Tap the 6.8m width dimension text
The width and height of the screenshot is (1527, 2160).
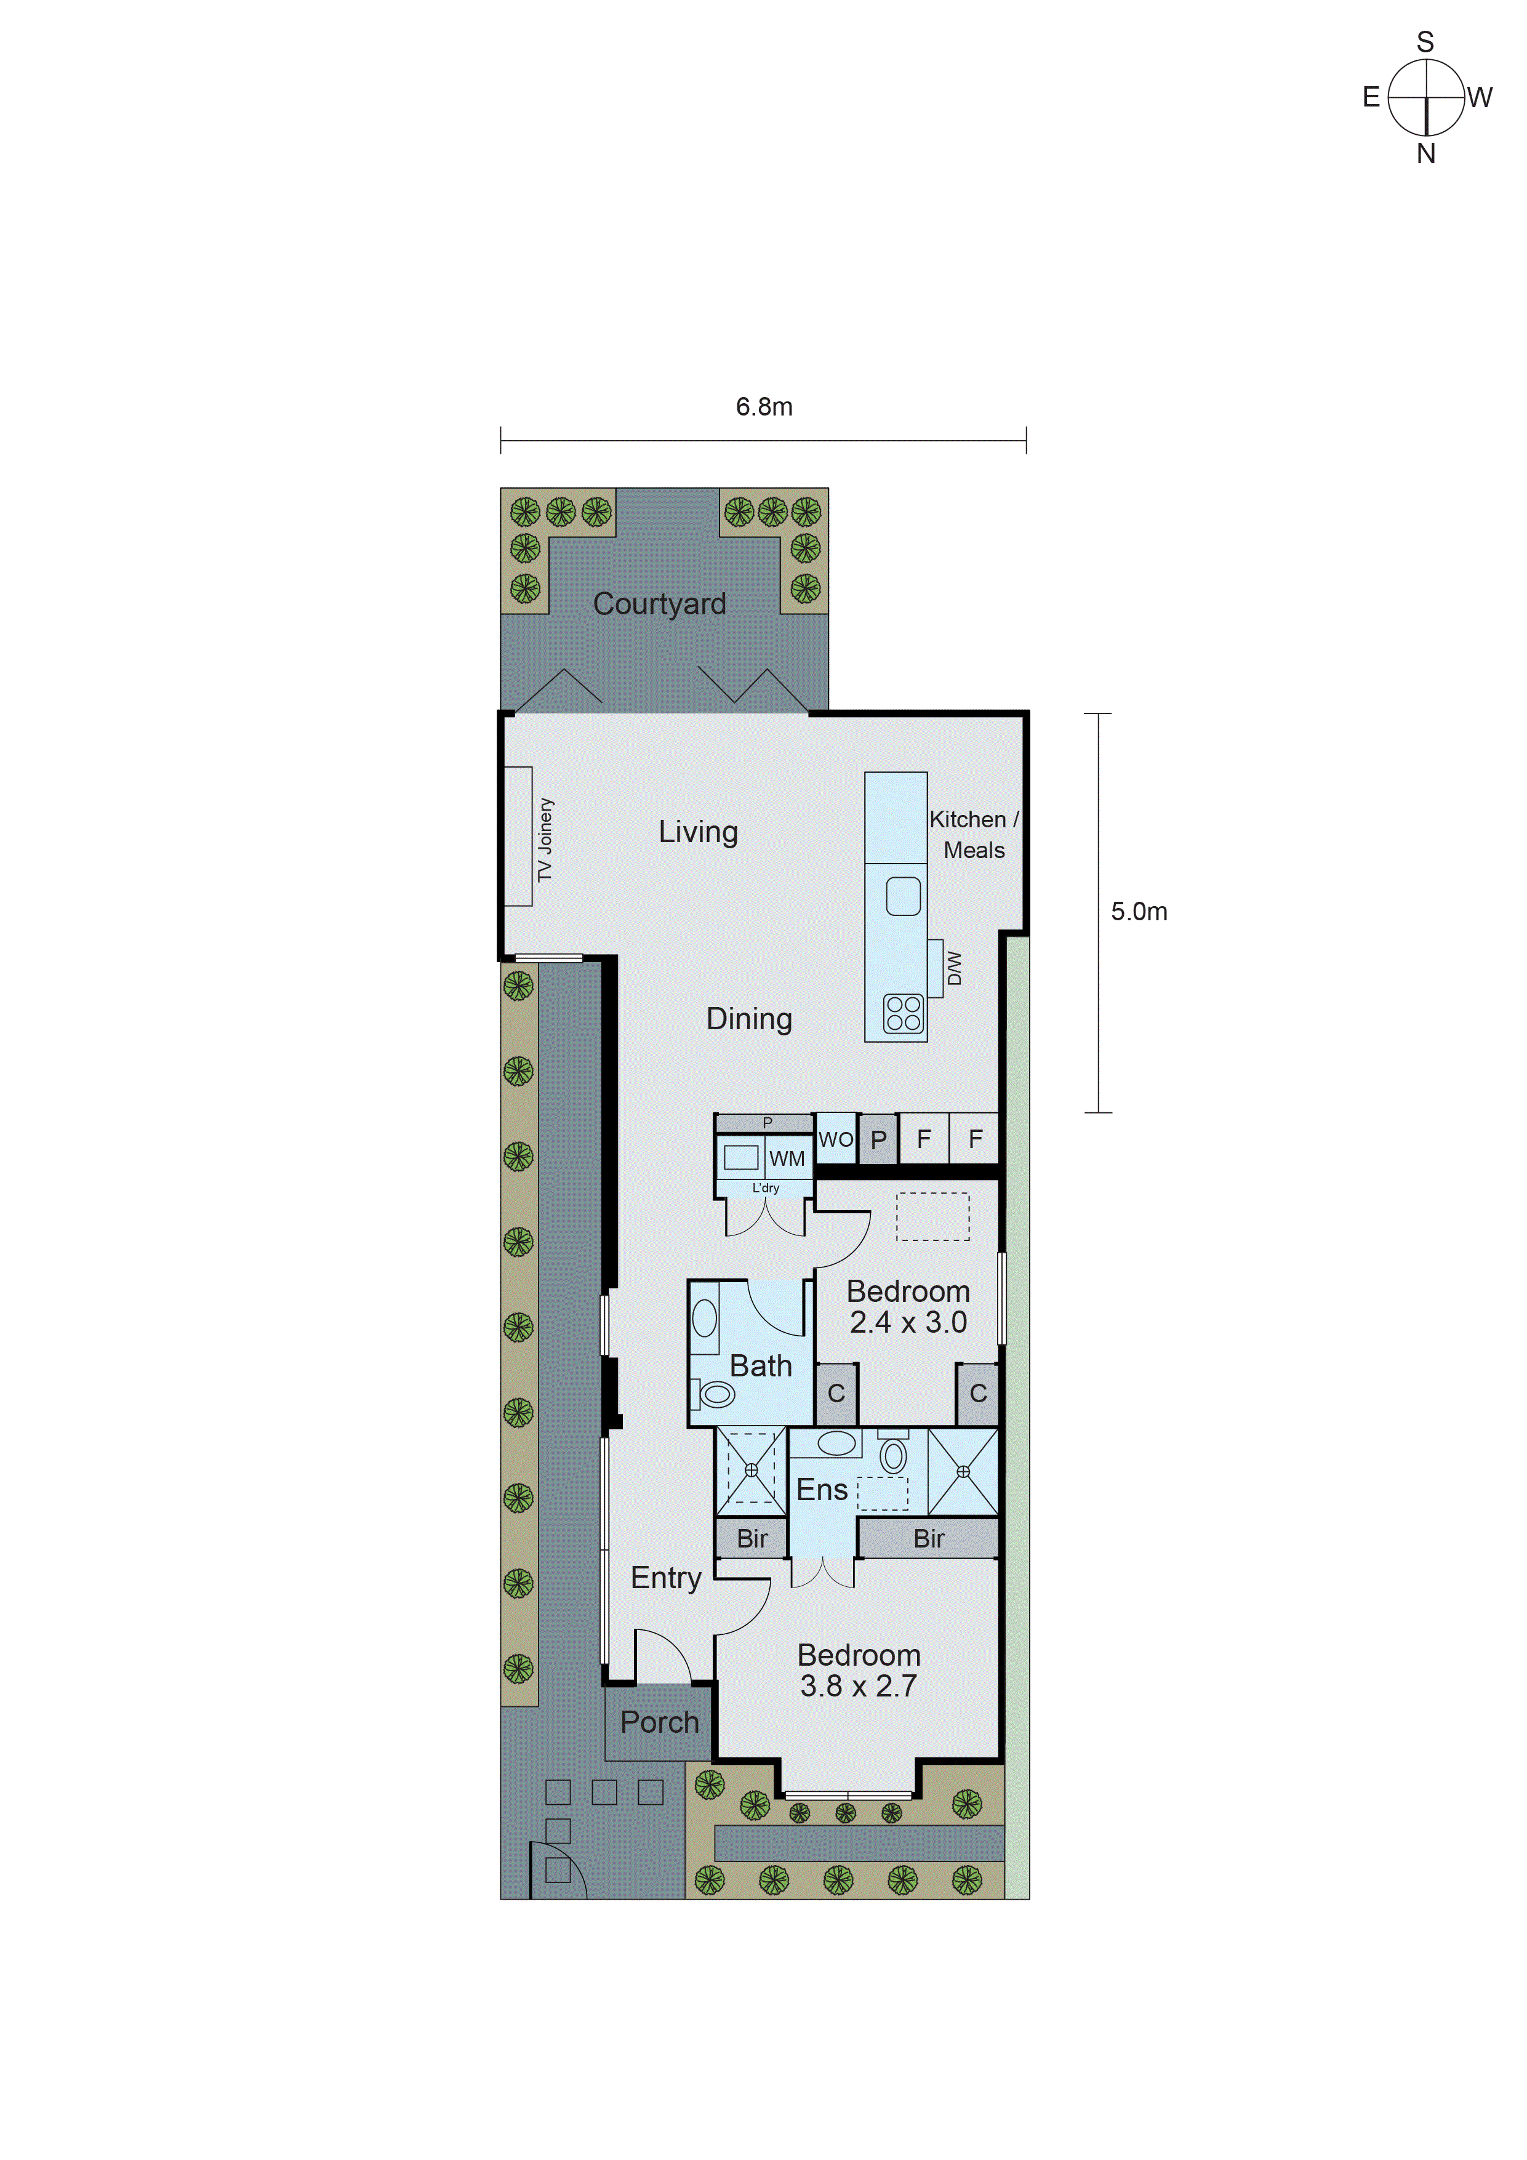[x=763, y=406]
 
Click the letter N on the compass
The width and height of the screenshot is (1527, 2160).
[x=1425, y=153]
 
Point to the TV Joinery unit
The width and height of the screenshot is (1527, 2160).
[x=518, y=837]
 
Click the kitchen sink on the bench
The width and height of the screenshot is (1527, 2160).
[x=902, y=896]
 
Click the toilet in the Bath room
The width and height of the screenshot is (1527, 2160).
[x=715, y=1393]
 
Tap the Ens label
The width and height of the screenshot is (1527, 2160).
[x=822, y=1489]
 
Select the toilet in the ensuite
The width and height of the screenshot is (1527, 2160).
[x=892, y=1455]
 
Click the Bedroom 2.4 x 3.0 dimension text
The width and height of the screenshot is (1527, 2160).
[x=908, y=1322]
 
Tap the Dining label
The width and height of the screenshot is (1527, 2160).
[x=749, y=1019]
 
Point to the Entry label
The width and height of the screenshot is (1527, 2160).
[x=665, y=1578]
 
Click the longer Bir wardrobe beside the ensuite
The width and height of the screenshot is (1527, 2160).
[x=928, y=1538]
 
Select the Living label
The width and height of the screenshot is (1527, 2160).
[x=697, y=832]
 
